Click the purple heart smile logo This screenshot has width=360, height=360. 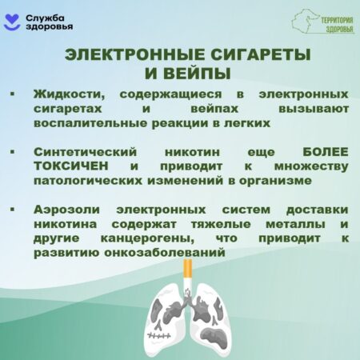[x=12, y=22]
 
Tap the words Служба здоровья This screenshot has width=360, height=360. [x=49, y=22]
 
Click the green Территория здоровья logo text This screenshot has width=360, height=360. [x=337, y=25]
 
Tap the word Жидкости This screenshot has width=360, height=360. [x=69, y=94]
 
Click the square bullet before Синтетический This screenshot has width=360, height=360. [x=12, y=151]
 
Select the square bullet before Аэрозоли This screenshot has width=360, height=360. [x=12, y=209]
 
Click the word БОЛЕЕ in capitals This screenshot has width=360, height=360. [x=326, y=152]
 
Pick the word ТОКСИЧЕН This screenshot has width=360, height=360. [x=71, y=166]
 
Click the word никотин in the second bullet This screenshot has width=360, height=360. [x=192, y=153]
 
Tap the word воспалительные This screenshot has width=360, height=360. [x=90, y=123]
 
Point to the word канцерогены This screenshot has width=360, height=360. [x=147, y=238]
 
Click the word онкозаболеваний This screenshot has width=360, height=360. [x=165, y=253]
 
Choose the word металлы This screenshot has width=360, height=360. [x=295, y=224]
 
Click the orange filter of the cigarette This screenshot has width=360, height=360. [x=188, y=269]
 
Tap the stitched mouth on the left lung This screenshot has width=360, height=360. [x=159, y=335]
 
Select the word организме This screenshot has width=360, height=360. [x=275, y=181]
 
